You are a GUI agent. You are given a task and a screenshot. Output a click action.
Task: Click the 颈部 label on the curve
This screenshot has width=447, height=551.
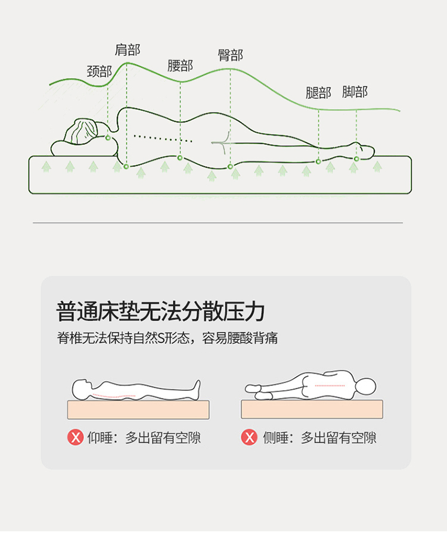tap(99, 71)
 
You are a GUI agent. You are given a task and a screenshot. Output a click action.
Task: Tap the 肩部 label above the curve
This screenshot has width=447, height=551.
tap(128, 50)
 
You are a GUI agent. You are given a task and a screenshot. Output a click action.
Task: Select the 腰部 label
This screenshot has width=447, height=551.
tap(180, 66)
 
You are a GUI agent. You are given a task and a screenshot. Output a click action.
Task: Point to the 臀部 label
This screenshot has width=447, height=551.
tap(231, 55)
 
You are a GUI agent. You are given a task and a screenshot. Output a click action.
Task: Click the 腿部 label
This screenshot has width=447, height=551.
tap(318, 93)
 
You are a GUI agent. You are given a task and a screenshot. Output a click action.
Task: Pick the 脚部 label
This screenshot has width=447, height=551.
tap(355, 92)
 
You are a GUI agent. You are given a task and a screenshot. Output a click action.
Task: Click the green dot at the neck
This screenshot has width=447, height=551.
tap(108, 138)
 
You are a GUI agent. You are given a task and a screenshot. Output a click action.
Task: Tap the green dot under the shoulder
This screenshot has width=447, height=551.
tap(126, 167)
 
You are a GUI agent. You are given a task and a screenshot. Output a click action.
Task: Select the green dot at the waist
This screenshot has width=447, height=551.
tap(180, 157)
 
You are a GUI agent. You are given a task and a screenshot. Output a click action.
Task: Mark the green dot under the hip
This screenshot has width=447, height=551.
tap(230, 167)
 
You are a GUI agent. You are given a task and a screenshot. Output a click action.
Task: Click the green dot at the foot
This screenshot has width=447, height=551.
tap(356, 159)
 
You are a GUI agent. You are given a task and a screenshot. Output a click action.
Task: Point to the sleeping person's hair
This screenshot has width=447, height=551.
tap(82, 132)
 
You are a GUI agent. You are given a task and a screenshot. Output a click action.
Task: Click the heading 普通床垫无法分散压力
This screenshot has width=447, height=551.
tap(160, 312)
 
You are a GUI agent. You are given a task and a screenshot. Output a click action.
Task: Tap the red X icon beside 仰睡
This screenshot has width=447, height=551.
tap(75, 437)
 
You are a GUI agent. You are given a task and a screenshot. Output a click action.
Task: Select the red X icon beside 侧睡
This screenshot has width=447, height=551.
tap(249, 437)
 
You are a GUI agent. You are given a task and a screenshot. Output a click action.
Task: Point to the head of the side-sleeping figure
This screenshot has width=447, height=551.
tap(365, 387)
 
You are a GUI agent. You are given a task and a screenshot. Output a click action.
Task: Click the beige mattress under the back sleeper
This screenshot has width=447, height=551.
tap(138, 410)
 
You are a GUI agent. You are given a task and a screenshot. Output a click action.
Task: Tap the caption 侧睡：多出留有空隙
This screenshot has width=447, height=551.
tap(319, 438)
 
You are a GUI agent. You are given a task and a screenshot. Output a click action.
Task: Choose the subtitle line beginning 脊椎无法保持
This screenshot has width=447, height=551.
tap(167, 338)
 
